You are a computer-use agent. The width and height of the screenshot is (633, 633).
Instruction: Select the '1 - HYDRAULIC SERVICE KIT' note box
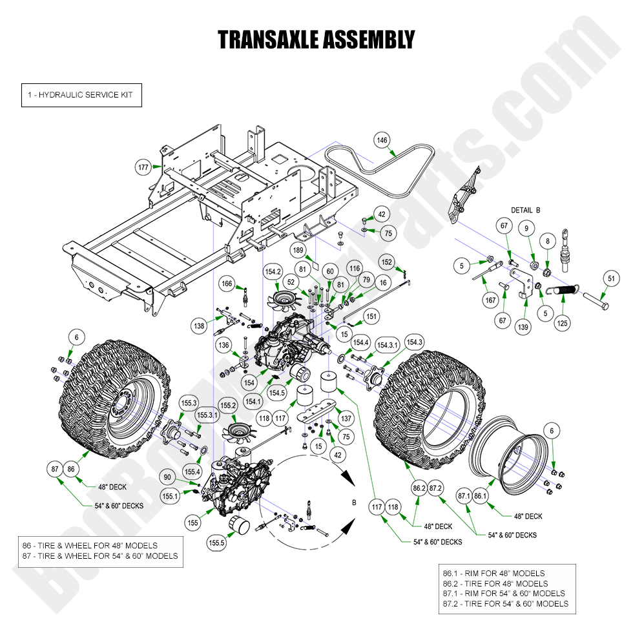click(x=81, y=95)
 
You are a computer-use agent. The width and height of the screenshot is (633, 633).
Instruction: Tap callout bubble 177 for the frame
click(x=144, y=167)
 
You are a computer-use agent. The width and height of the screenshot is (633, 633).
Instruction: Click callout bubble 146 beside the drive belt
click(x=382, y=140)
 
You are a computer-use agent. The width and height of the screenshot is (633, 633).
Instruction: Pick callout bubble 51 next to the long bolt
click(x=609, y=278)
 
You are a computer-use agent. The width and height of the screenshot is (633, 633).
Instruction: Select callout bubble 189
click(x=298, y=250)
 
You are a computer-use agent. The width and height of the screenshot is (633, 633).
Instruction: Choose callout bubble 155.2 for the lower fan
click(x=229, y=406)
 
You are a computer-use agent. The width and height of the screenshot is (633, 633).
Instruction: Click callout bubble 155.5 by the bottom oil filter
click(x=217, y=543)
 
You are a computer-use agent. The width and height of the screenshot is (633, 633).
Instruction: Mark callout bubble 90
click(x=168, y=477)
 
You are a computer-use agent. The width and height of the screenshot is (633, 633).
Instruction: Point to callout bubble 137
click(x=346, y=419)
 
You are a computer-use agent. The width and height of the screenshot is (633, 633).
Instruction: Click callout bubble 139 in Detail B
click(x=523, y=327)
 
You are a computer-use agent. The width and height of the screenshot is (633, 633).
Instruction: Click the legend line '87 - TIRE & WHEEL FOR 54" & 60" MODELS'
click(x=99, y=555)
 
